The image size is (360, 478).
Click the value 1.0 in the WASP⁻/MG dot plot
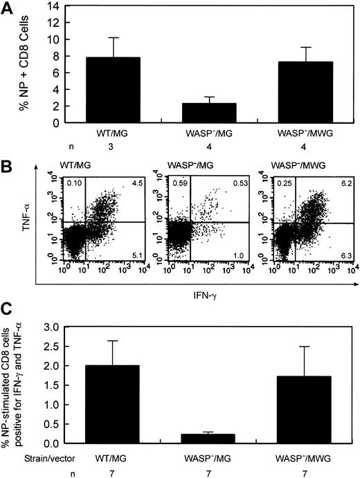[240, 257]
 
